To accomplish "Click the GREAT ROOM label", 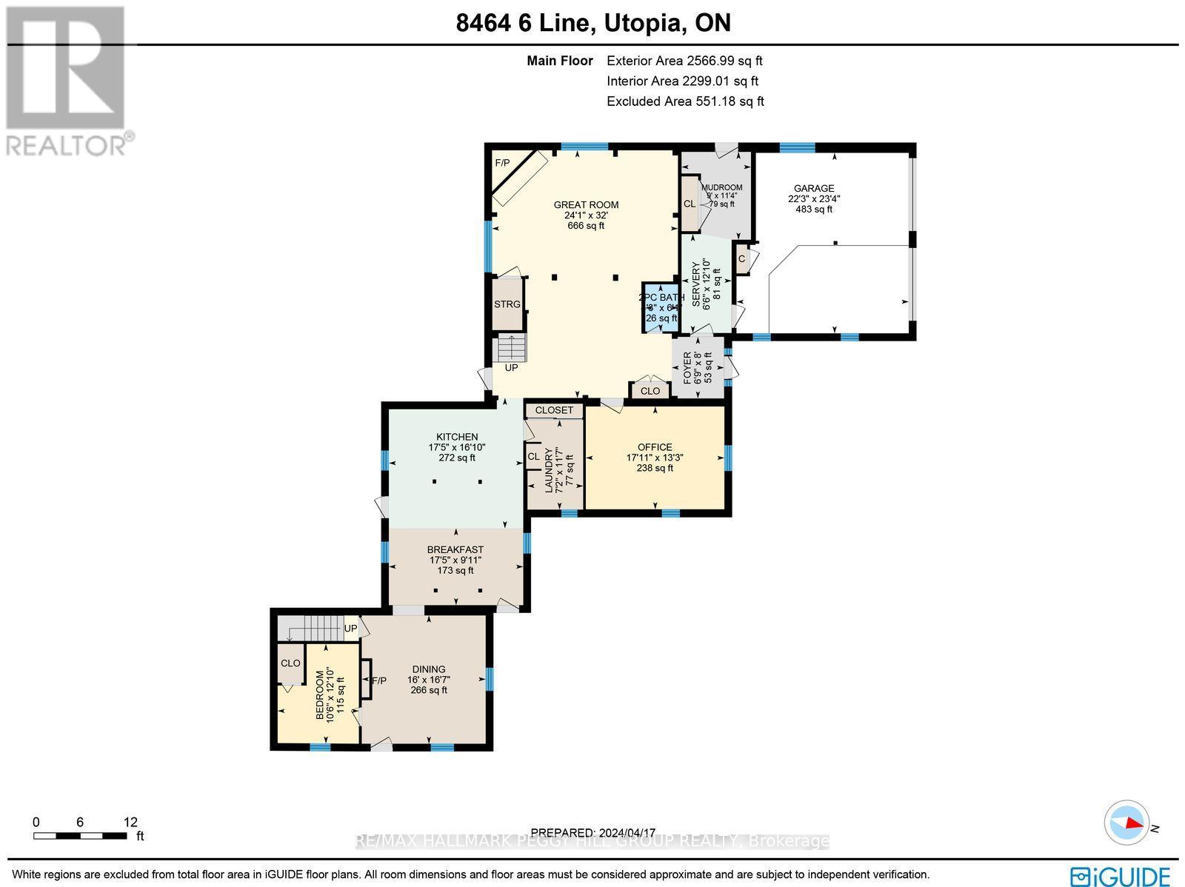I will (586, 205).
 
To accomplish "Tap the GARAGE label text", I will (814, 189).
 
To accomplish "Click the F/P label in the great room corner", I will (502, 163).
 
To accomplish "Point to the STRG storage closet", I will (507, 304).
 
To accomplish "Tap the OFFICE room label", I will (655, 447).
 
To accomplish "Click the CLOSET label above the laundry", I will (554, 410).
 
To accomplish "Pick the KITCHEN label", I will (457, 437).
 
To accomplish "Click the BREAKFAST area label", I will (455, 550).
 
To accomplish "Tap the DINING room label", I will (429, 669).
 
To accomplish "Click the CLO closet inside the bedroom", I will (290, 663).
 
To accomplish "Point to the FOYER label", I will (687, 368).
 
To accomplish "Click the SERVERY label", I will (696, 284).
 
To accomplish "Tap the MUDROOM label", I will (721, 187).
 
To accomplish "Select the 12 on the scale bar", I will (130, 822).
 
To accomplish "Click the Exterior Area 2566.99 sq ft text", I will (684, 61).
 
